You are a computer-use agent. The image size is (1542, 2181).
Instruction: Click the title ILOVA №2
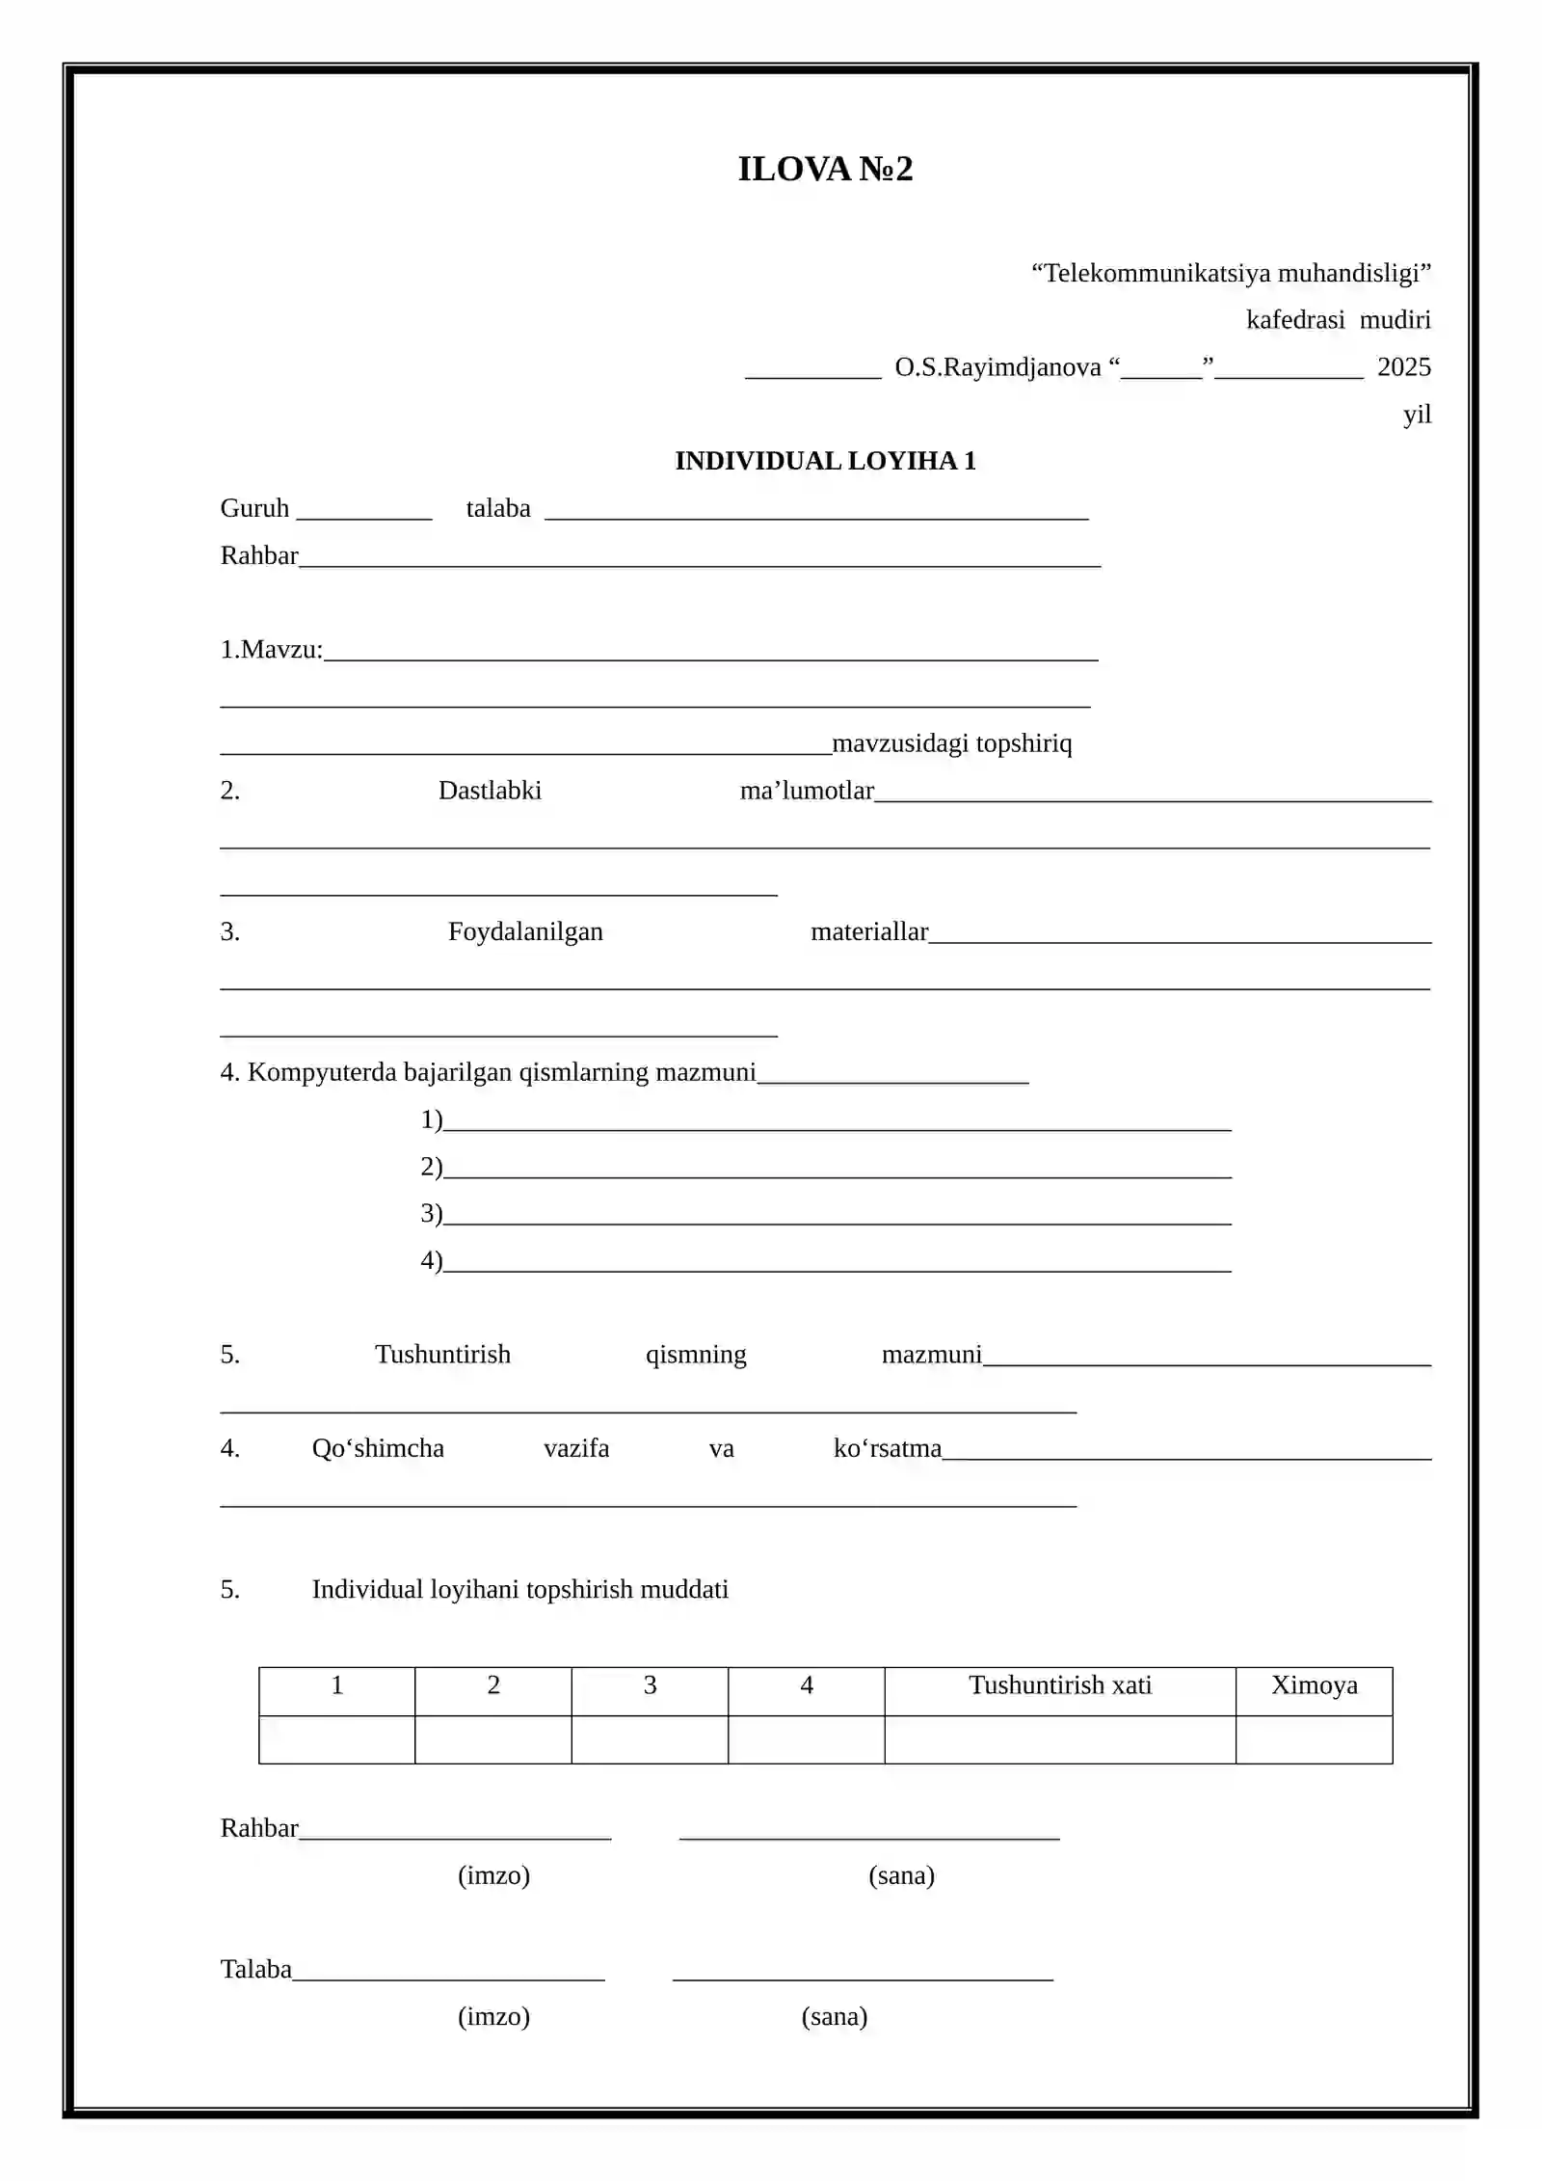coord(825,170)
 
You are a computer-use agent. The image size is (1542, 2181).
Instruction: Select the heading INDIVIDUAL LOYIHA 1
coord(825,461)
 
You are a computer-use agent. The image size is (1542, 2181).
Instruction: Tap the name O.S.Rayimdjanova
coord(997,367)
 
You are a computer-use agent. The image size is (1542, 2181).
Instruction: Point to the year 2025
coord(1403,367)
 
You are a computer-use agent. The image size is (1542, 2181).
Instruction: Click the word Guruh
coord(254,508)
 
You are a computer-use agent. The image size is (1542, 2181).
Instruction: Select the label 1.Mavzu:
coord(272,650)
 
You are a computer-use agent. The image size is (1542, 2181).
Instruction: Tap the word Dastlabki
coord(490,791)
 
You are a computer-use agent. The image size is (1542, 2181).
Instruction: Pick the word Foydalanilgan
coord(525,931)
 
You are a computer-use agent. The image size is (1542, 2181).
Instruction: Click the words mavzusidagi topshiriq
coord(951,743)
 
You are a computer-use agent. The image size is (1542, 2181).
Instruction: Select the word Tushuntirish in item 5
coord(442,1355)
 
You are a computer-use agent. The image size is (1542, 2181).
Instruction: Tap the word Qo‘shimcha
coord(378,1448)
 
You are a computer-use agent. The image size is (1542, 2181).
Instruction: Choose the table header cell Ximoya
coord(1314,1685)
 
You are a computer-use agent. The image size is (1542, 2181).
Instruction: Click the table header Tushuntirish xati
coord(1060,1685)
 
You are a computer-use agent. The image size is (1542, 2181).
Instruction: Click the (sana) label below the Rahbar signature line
coord(901,1875)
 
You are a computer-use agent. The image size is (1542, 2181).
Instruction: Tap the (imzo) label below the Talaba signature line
coord(493,2016)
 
